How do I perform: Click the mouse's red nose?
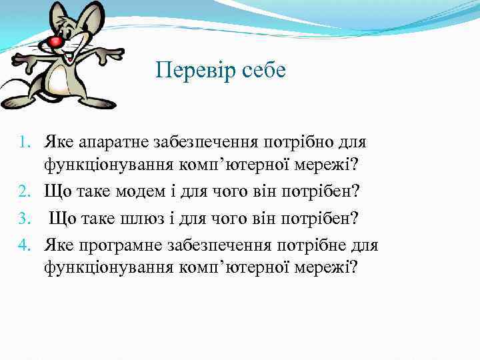pyautogui.click(x=55, y=43)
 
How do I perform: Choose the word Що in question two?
pyautogui.click(x=57, y=192)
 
